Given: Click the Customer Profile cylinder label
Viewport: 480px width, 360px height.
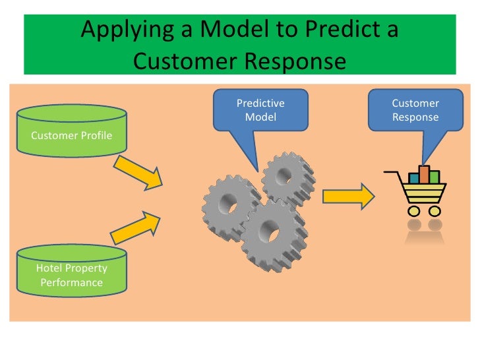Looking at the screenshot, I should point(71,136).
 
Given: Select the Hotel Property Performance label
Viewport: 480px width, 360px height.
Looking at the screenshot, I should point(71,276).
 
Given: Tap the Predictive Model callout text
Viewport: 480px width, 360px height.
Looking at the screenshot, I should point(260,110).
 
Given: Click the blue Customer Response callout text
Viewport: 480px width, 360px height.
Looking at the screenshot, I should point(415,110).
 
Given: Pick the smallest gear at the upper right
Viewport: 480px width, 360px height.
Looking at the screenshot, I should point(285,175).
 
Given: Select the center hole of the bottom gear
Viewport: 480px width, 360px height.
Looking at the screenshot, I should point(270,233).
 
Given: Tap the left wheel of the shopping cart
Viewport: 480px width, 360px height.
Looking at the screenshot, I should point(414,211).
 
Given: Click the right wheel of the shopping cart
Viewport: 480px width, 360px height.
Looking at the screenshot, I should point(434,211).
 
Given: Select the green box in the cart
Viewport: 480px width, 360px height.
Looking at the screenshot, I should point(434,177).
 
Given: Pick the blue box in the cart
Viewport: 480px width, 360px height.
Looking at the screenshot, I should point(414,177).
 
